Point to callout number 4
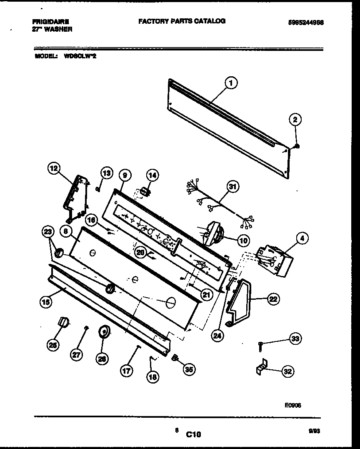click(301, 239)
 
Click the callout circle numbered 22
click(272, 298)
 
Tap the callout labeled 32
click(287, 371)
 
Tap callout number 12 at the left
click(53, 168)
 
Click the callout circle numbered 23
click(48, 231)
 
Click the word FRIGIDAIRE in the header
click(50, 21)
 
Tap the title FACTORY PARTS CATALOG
click(182, 21)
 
